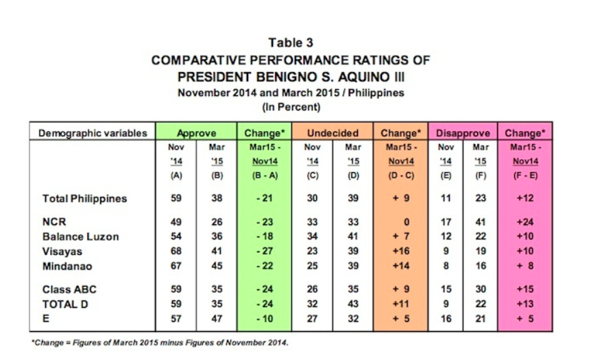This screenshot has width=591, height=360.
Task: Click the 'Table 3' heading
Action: [x=291, y=43]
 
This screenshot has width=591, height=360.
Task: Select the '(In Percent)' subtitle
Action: [x=291, y=107]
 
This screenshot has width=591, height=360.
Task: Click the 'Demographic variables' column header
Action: [x=93, y=133]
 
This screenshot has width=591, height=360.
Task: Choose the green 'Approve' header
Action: [x=196, y=133]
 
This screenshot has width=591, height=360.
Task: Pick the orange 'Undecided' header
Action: [x=333, y=133]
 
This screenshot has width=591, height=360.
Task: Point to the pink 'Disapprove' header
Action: [x=463, y=133]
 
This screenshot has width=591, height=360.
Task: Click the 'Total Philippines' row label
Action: [x=85, y=199]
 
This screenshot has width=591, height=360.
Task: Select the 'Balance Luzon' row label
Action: [x=81, y=237]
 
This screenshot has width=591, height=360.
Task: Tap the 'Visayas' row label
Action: [x=62, y=252]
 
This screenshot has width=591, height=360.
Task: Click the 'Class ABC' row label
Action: [x=69, y=289]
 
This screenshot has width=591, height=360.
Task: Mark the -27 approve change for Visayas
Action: [x=265, y=251]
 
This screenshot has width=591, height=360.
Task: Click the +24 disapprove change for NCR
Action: [x=525, y=221]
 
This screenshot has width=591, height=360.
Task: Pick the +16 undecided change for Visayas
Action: [x=400, y=251]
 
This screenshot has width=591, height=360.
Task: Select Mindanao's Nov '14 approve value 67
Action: [x=176, y=266]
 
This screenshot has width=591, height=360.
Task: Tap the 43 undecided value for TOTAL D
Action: [x=353, y=304]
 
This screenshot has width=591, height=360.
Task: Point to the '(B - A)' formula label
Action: [x=265, y=176]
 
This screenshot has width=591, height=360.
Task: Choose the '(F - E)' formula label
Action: [x=525, y=176]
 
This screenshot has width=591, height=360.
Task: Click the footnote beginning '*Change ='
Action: [x=160, y=343]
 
